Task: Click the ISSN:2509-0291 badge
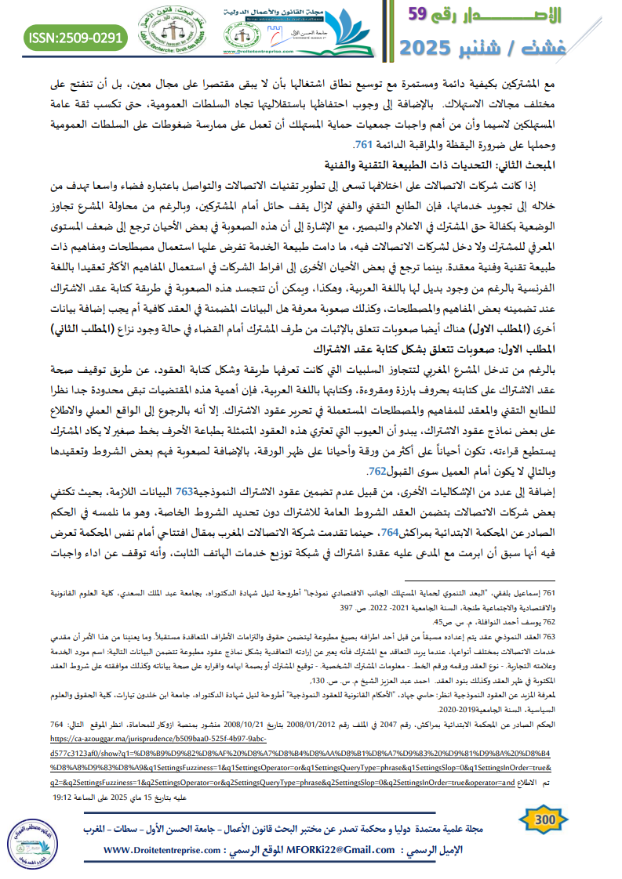point(75,36)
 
